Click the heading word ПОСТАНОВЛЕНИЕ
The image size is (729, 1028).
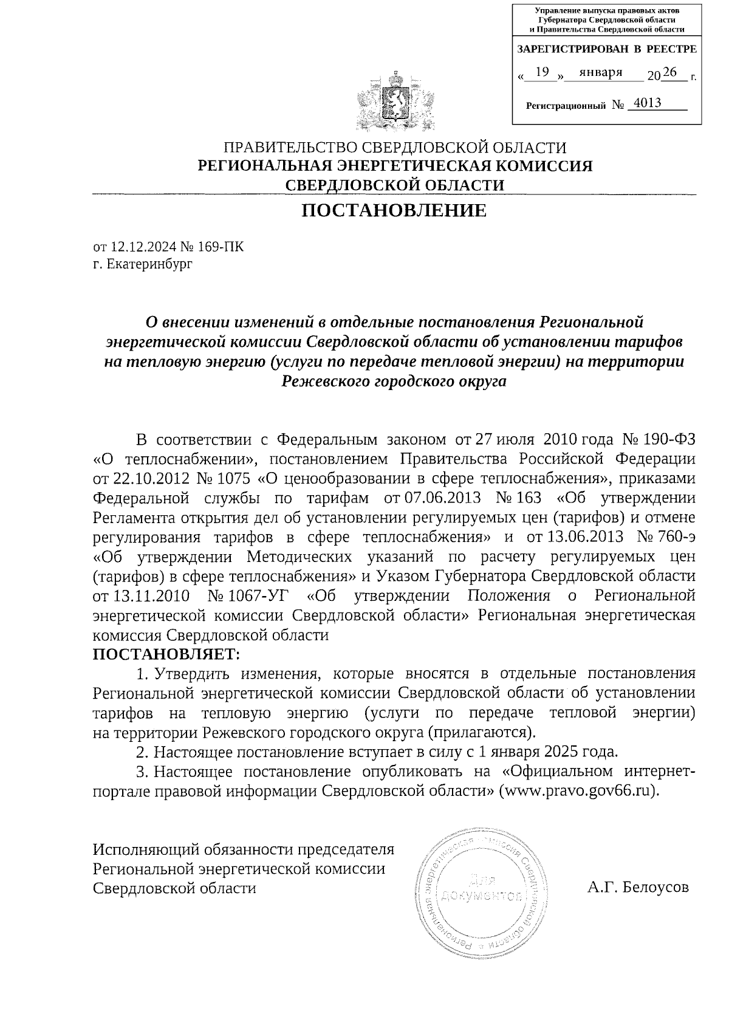[x=394, y=211]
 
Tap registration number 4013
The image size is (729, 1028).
[x=647, y=103]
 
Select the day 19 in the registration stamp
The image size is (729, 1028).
[x=542, y=72]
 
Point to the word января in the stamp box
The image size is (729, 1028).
[x=601, y=72]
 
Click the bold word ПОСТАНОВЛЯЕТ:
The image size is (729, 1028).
[x=166, y=654]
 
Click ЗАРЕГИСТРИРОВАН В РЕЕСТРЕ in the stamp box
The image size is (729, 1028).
[x=606, y=49]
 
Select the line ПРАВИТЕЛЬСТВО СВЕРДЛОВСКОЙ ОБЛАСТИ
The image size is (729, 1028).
[x=395, y=148]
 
